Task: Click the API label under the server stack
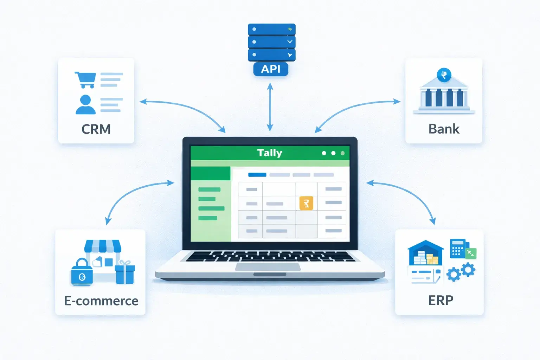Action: (x=271, y=69)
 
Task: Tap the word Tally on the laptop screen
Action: (x=270, y=153)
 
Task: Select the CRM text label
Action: (x=96, y=129)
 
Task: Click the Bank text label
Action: (x=444, y=129)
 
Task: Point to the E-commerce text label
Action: (x=101, y=301)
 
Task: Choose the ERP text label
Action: (x=441, y=301)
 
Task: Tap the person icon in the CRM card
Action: (x=85, y=105)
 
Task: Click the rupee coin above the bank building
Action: (x=444, y=75)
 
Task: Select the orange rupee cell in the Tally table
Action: (x=306, y=203)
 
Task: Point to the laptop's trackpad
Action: (x=268, y=267)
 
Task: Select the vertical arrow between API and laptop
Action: (x=270, y=107)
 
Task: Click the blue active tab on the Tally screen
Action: (x=257, y=175)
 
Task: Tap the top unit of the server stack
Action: (x=271, y=29)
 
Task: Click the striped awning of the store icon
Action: (x=103, y=246)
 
